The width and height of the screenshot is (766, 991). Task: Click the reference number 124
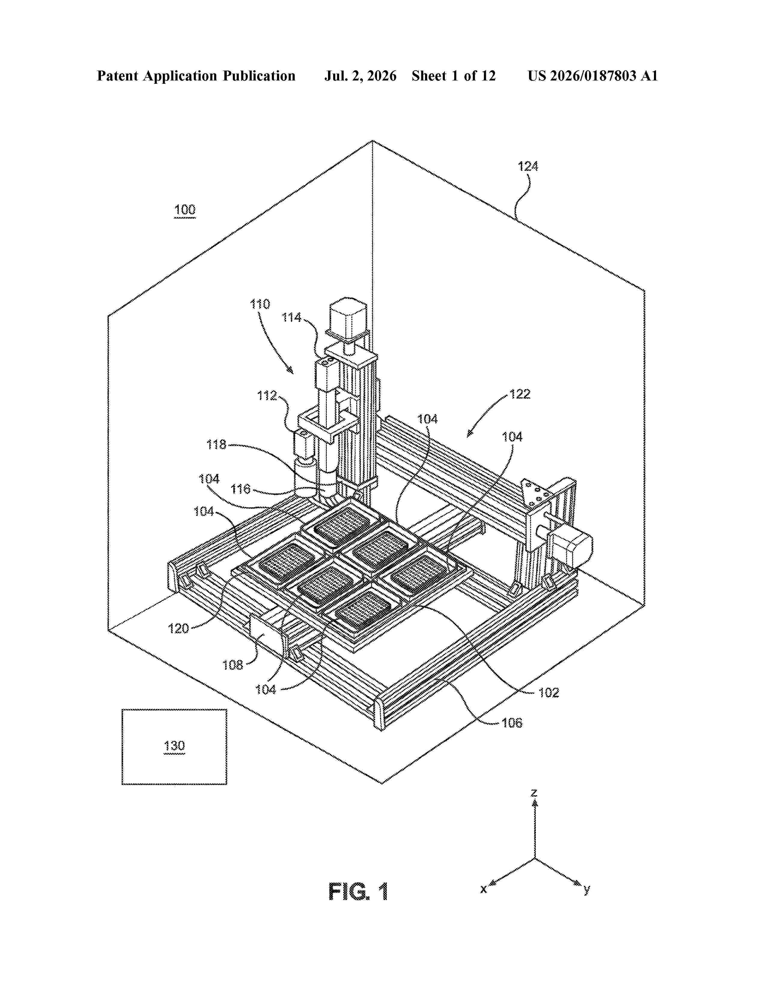coord(528,167)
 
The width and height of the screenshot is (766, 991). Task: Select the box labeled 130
coord(174,747)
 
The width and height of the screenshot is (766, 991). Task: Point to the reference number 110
coord(260,304)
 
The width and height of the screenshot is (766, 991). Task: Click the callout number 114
coord(291,318)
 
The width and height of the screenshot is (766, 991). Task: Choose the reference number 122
coord(520,394)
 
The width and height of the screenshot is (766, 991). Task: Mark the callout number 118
coord(217,445)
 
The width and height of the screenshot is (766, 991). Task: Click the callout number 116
coord(241,489)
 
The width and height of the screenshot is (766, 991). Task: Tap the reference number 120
coord(178,629)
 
